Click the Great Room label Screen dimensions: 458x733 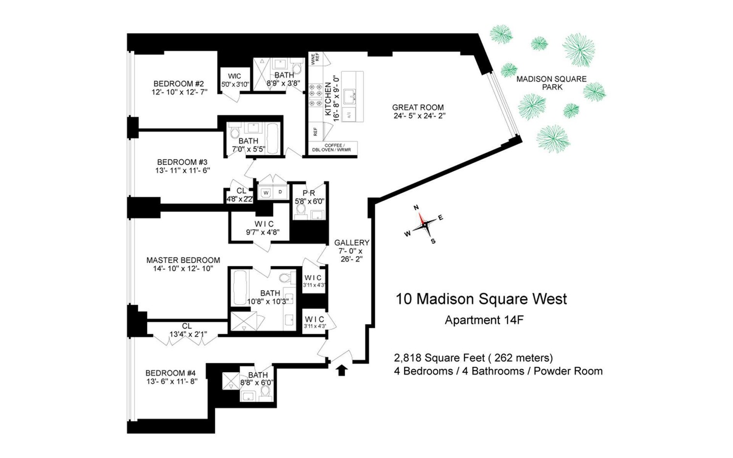point(418,107)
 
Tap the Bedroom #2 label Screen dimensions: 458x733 point(178,83)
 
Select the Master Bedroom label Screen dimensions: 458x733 point(183,260)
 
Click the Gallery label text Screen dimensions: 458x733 point(351,243)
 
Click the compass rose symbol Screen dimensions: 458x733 point(423,224)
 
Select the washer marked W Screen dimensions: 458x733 point(266,192)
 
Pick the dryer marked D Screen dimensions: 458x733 point(280,192)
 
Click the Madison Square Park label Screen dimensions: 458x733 point(552,83)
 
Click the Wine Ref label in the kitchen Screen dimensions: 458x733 point(315,58)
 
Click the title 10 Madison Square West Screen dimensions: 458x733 point(481,299)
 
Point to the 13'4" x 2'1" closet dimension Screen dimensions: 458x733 point(188,334)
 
